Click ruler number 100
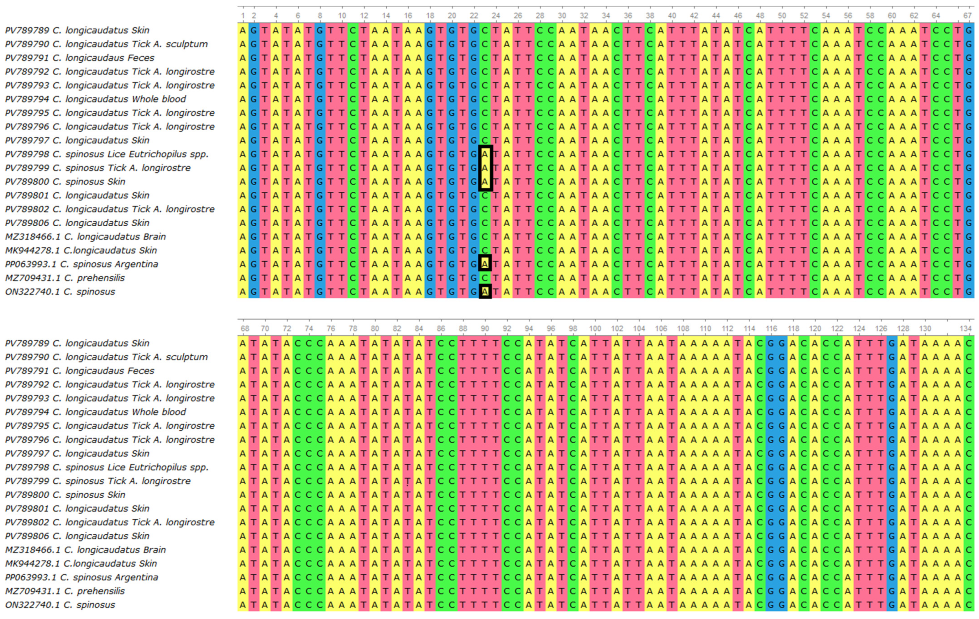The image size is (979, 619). click(x=595, y=328)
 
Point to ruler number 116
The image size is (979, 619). click(x=771, y=328)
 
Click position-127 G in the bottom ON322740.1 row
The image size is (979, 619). click(x=892, y=605)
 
